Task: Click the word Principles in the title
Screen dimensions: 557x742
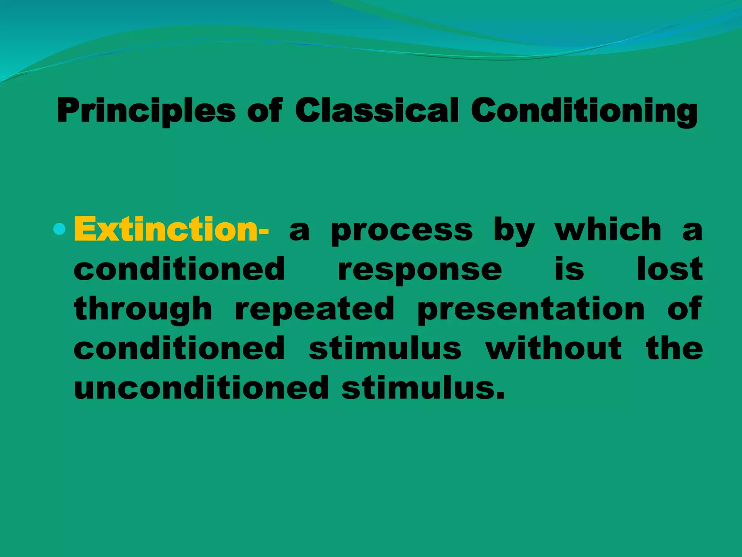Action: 146,111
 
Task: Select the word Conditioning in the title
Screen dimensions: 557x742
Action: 584,111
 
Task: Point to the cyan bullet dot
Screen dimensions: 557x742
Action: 59,229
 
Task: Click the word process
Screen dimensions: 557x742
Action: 402,231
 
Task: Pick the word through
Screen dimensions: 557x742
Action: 143,310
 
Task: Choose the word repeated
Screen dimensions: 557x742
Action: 314,310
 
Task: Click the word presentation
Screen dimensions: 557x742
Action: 531,310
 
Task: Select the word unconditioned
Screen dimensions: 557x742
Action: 201,388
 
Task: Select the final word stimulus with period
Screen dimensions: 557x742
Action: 423,388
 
